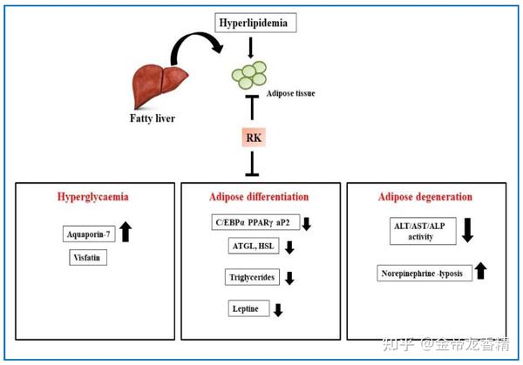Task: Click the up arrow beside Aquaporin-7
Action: coord(126,232)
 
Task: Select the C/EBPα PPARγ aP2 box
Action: coord(253,223)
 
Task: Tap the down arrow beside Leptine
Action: coord(278,309)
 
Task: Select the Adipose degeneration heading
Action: coord(425,196)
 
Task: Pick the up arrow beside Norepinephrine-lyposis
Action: coord(480,272)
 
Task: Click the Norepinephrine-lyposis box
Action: coord(423,274)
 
